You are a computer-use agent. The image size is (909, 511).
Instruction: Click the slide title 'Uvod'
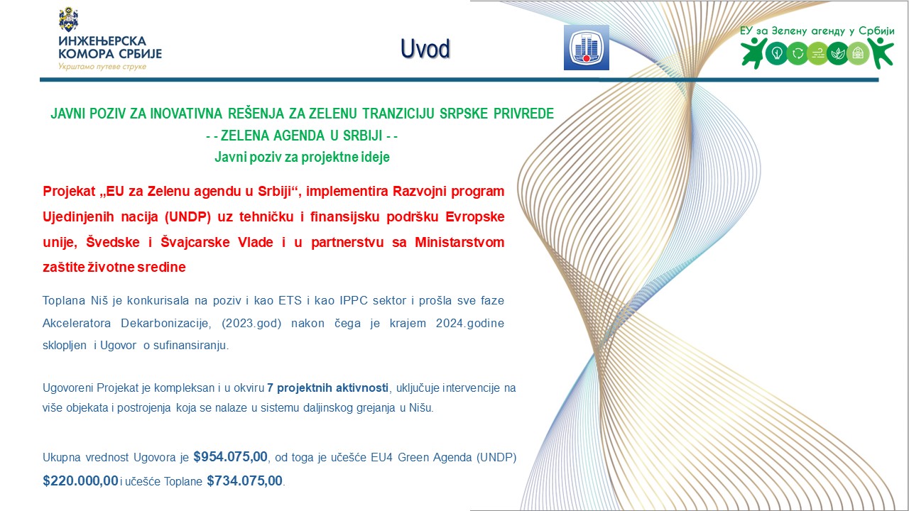tap(425, 49)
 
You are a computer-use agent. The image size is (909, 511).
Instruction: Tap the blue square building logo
tap(587, 48)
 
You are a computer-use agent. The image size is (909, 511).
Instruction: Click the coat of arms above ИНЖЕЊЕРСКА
tap(69, 19)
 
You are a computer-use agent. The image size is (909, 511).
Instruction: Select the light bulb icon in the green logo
tap(777, 53)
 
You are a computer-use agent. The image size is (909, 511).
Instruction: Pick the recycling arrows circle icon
tap(798, 53)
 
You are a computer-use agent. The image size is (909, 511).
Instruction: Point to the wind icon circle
tap(817, 53)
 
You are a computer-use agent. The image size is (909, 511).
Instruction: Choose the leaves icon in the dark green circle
tap(837, 53)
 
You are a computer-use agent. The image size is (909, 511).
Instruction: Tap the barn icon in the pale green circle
tap(858, 53)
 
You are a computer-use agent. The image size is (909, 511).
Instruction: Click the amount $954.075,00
tap(231, 456)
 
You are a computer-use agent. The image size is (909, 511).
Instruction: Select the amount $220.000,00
tap(80, 480)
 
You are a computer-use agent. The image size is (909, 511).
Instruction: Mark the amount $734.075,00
tap(245, 480)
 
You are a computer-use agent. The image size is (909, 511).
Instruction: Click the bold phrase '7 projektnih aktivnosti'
tap(328, 388)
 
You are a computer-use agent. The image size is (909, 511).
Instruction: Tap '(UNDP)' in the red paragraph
tap(187, 217)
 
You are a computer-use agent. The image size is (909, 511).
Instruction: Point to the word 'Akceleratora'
tap(77, 323)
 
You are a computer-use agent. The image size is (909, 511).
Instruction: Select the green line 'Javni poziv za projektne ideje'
tap(302, 157)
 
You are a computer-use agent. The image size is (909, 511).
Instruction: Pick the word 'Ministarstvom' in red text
tap(459, 242)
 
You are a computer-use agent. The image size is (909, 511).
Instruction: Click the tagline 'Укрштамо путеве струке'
tap(102, 67)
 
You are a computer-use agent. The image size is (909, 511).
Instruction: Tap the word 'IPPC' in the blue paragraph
tap(354, 300)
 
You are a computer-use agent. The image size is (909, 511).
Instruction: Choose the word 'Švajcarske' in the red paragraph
tap(195, 242)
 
